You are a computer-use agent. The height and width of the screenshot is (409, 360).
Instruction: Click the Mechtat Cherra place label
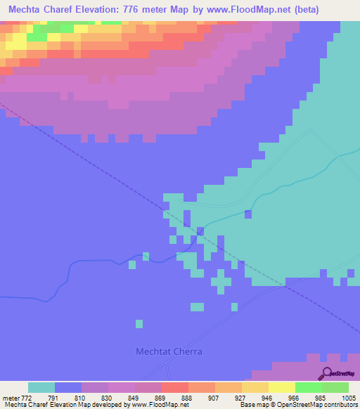coord(169,351)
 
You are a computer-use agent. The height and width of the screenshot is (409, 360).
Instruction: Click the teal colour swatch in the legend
coord(41,387)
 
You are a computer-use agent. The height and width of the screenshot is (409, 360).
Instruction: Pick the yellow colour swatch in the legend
coord(282,387)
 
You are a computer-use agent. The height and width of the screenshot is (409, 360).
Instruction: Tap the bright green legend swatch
coord(309,387)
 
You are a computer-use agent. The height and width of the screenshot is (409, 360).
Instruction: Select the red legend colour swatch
coord(175,387)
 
